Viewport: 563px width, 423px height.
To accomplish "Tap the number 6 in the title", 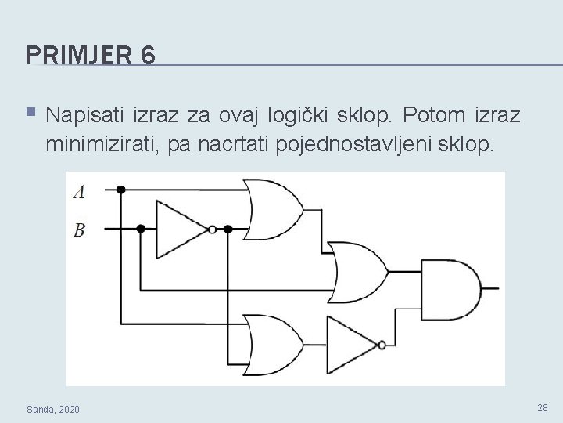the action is point(148,55).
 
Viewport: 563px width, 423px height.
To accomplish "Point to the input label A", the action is point(79,192).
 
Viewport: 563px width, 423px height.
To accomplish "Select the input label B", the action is point(79,230).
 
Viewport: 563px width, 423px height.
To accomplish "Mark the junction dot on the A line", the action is point(121,190).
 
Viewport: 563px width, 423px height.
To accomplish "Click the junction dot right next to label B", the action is point(141,229).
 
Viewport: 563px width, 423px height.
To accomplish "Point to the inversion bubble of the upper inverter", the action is point(213,230).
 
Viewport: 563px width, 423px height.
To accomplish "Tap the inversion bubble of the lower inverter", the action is point(382,345).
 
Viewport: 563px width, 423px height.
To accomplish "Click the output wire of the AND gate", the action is point(491,288).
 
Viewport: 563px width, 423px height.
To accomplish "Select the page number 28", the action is point(543,407).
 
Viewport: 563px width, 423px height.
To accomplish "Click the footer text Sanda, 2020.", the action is point(58,409).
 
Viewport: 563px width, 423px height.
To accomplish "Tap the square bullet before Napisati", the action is point(30,114).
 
